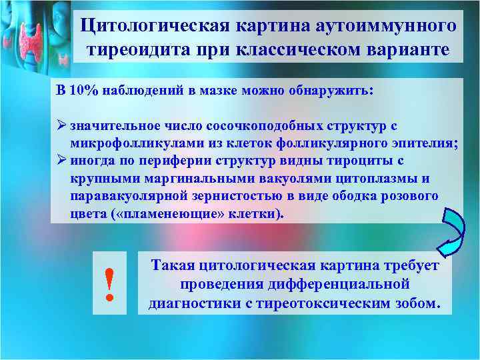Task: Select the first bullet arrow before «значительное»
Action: pos(61,125)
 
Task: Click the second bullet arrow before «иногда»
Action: pos(61,161)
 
